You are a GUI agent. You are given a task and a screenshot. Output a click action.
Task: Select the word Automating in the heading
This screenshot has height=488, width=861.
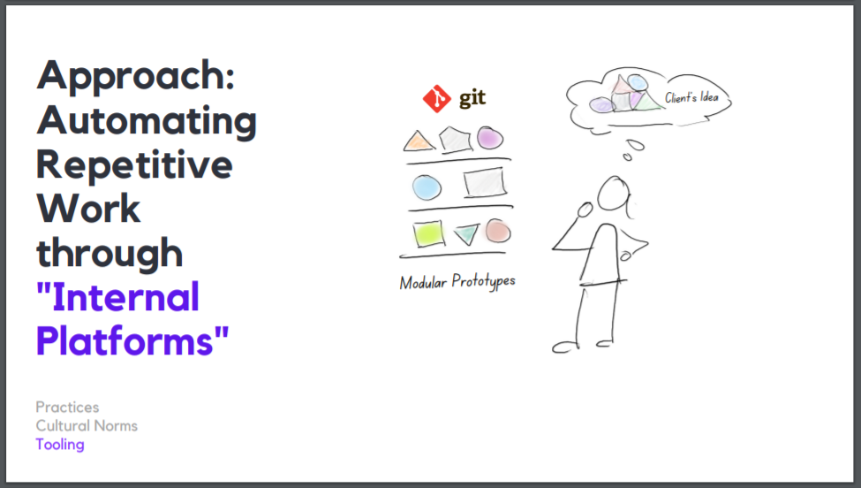click(x=147, y=120)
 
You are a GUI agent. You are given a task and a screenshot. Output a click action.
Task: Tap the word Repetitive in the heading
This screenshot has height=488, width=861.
click(x=134, y=164)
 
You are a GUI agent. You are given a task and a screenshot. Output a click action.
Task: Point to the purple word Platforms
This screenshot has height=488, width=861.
click(x=132, y=340)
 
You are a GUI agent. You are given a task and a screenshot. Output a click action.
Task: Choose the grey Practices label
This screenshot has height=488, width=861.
click(x=67, y=407)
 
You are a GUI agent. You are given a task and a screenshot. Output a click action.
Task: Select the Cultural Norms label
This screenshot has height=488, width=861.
click(x=87, y=425)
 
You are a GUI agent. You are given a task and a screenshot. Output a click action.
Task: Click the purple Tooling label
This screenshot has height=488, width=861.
click(x=60, y=444)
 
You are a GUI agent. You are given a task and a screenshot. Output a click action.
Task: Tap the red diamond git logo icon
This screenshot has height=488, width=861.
click(x=436, y=99)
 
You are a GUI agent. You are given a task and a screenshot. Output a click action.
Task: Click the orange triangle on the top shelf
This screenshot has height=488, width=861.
click(x=418, y=141)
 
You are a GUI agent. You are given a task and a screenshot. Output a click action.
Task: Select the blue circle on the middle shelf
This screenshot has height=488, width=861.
click(x=427, y=187)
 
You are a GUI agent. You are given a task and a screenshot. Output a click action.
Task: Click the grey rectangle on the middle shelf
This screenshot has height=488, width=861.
click(x=485, y=183)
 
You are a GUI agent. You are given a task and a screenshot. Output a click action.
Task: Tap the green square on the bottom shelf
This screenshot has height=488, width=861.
click(x=428, y=233)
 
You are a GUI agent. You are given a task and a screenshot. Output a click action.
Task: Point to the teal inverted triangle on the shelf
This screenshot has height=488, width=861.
click(x=465, y=234)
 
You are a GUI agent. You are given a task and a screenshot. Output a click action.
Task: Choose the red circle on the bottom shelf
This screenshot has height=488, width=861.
click(x=497, y=231)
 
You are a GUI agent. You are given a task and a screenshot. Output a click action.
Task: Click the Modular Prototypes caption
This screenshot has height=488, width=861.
click(x=457, y=282)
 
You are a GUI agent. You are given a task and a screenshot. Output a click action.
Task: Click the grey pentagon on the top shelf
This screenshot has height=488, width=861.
click(x=455, y=139)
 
